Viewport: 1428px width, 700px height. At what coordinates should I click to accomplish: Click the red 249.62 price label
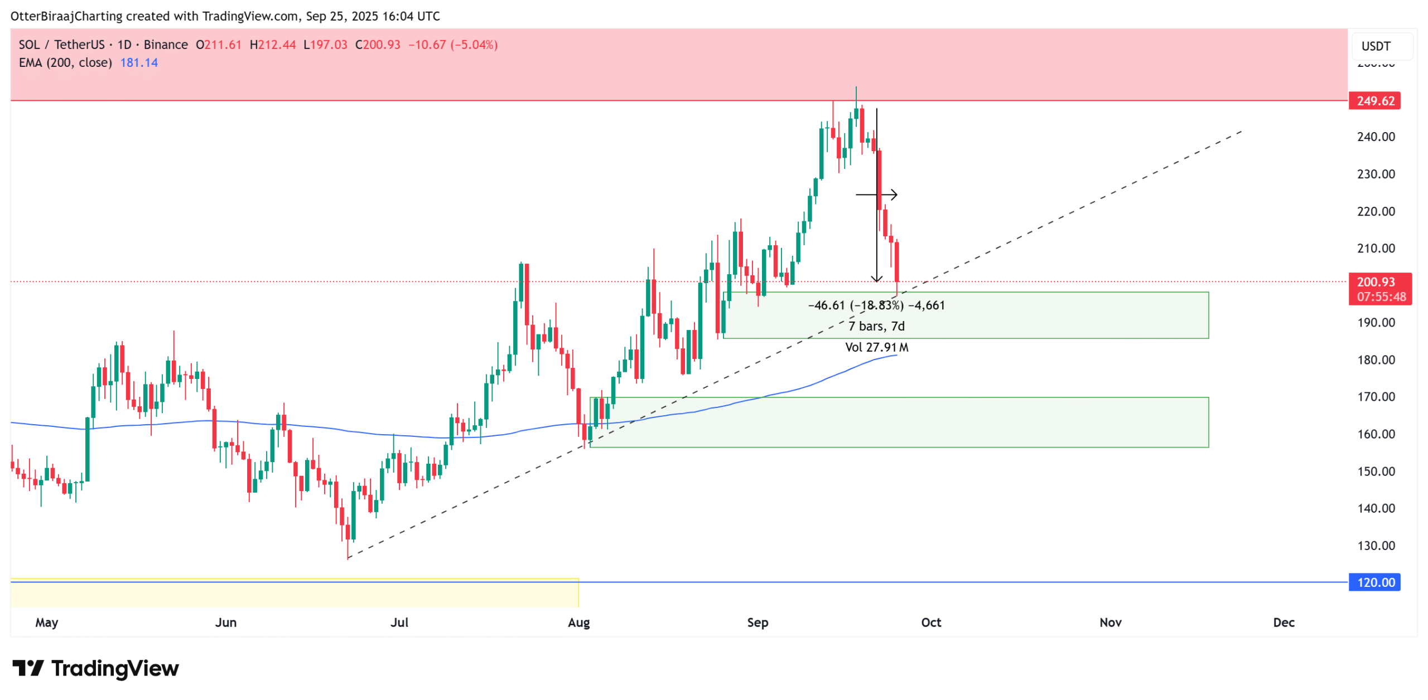click(x=1374, y=101)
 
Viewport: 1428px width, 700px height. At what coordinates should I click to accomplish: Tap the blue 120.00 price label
click(x=1374, y=582)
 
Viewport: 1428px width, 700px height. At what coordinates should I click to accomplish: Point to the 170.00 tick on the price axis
click(x=1376, y=397)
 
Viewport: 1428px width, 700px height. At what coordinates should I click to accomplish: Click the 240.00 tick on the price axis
click(x=1376, y=137)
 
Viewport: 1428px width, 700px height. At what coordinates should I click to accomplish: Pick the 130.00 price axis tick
click(x=1376, y=546)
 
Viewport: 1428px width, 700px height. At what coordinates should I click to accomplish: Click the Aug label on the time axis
click(x=578, y=623)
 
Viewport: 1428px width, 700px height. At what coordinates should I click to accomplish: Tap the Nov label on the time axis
click(x=1110, y=623)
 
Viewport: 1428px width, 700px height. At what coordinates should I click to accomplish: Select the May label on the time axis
click(x=46, y=623)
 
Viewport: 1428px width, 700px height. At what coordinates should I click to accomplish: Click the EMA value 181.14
click(x=139, y=62)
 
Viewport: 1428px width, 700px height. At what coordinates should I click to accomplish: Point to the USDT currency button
click(x=1376, y=46)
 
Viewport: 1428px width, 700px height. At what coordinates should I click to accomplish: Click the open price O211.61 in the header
click(x=219, y=45)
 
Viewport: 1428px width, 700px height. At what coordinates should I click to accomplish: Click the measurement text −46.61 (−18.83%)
click(x=856, y=305)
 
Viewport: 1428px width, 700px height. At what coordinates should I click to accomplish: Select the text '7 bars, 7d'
click(x=876, y=326)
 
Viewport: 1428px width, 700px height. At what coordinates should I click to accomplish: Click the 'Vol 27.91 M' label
click(x=876, y=347)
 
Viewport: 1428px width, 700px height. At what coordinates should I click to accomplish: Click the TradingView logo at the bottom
click(x=95, y=668)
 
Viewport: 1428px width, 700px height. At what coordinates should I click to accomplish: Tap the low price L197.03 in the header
click(x=325, y=45)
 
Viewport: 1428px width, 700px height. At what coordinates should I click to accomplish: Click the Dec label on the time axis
click(x=1283, y=623)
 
